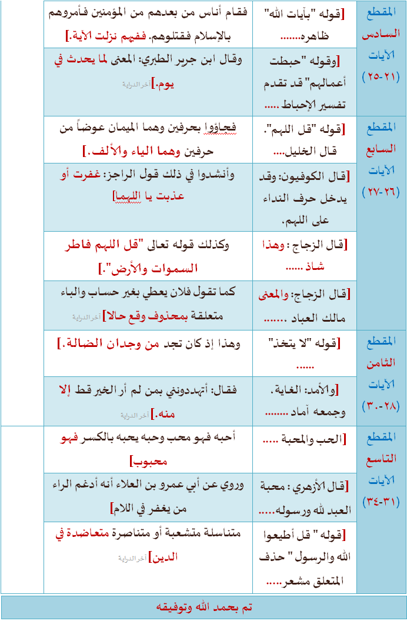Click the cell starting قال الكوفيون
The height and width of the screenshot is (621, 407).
point(304,197)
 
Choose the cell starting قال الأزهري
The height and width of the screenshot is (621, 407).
point(304,497)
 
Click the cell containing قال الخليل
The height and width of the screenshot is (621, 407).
point(304,139)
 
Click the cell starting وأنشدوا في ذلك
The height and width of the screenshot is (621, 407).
point(148,185)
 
